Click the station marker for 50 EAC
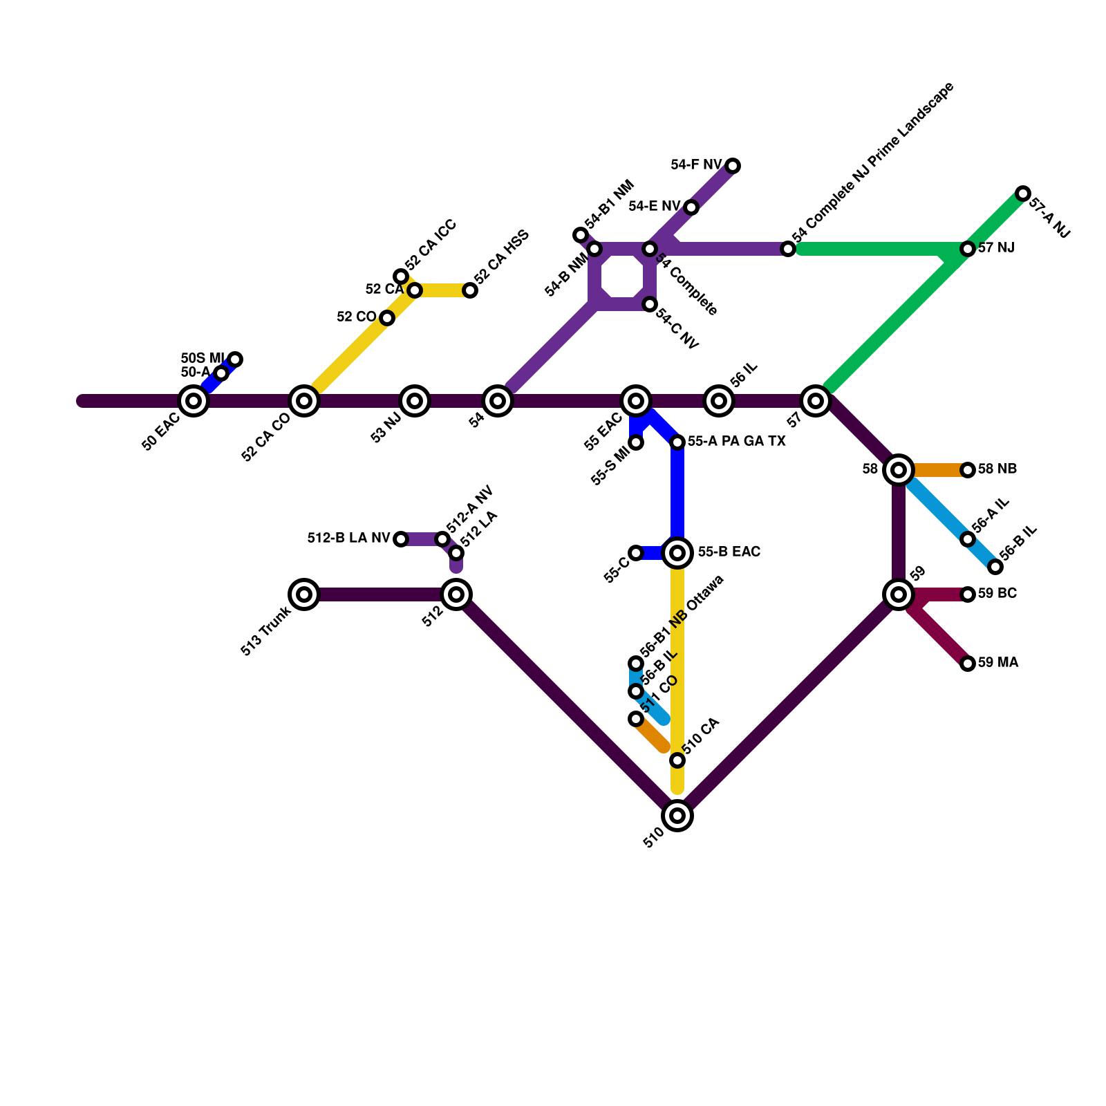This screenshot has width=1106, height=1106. pos(194,401)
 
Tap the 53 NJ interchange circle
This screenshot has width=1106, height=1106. pos(415,401)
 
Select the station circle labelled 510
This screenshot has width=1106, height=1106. pos(677,816)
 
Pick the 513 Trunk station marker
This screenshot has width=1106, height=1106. pos(304,594)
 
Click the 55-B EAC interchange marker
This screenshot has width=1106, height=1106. pos(677,553)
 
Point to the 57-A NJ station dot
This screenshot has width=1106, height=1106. pos(1023,194)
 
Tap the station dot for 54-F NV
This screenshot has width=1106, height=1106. pos(733,166)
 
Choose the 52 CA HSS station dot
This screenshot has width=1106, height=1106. pos(470,290)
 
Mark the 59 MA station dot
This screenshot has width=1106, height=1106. pos(968,664)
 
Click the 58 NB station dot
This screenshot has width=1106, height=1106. pos(968,470)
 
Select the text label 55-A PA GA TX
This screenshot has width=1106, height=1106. pos(736,442)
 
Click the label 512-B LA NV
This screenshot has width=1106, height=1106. pos(348,538)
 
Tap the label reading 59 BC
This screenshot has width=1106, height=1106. pos(997,594)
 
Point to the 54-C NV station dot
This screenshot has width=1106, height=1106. pos(650,304)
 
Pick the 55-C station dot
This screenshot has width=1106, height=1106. pos(636,553)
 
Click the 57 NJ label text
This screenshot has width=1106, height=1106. pos(995,248)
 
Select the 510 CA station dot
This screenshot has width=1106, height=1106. pos(677,760)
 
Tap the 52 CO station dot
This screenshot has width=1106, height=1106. pos(387,318)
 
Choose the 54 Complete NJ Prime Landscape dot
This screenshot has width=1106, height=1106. pos(788,249)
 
